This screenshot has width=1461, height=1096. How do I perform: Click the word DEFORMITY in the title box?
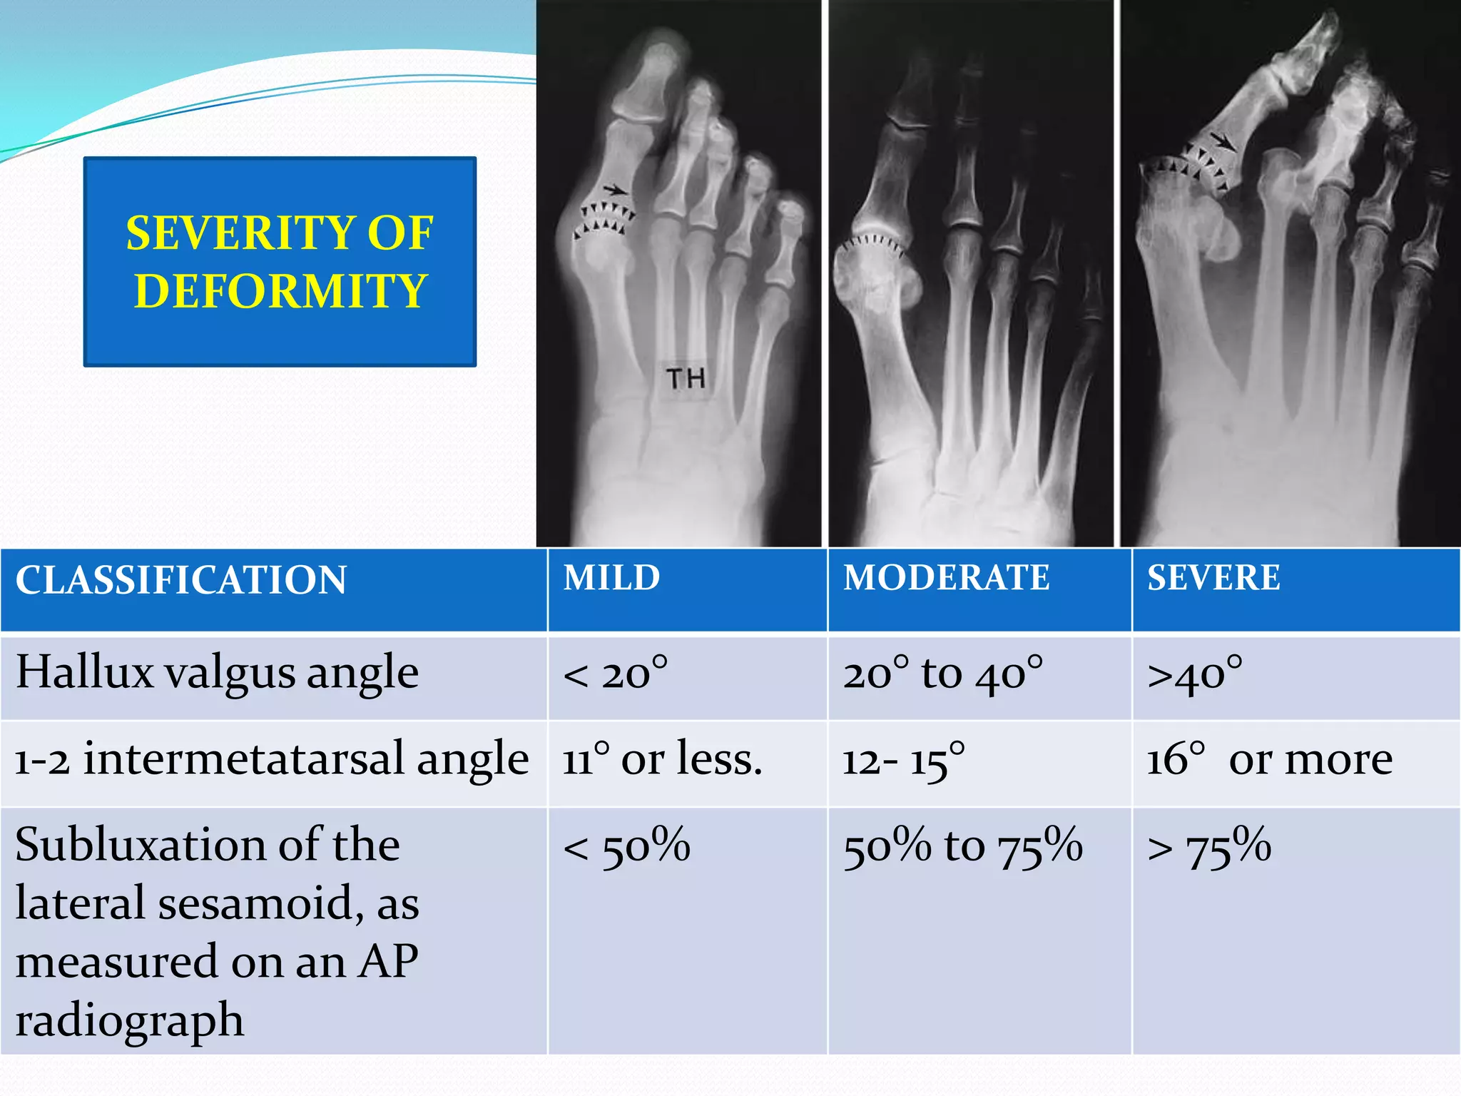pyautogui.click(x=280, y=292)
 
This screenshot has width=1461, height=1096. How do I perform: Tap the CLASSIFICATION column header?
pyautogui.click(x=181, y=579)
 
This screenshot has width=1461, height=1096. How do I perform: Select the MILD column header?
pyautogui.click(x=611, y=578)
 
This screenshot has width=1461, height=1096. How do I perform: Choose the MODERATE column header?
pyautogui.click(x=946, y=578)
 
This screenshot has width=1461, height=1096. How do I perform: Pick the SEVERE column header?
pyautogui.click(x=1213, y=578)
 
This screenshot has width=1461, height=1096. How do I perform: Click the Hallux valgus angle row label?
pyautogui.click(x=217, y=673)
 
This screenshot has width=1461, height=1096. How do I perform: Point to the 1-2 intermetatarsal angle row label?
pyautogui.click(x=271, y=759)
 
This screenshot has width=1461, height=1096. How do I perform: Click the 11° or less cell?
pyautogui.click(x=662, y=759)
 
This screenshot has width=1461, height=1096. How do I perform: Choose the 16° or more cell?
pyautogui.click(x=1269, y=759)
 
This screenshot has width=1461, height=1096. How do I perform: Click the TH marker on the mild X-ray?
pyautogui.click(x=686, y=379)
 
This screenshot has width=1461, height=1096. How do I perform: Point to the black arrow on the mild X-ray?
pyautogui.click(x=615, y=190)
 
